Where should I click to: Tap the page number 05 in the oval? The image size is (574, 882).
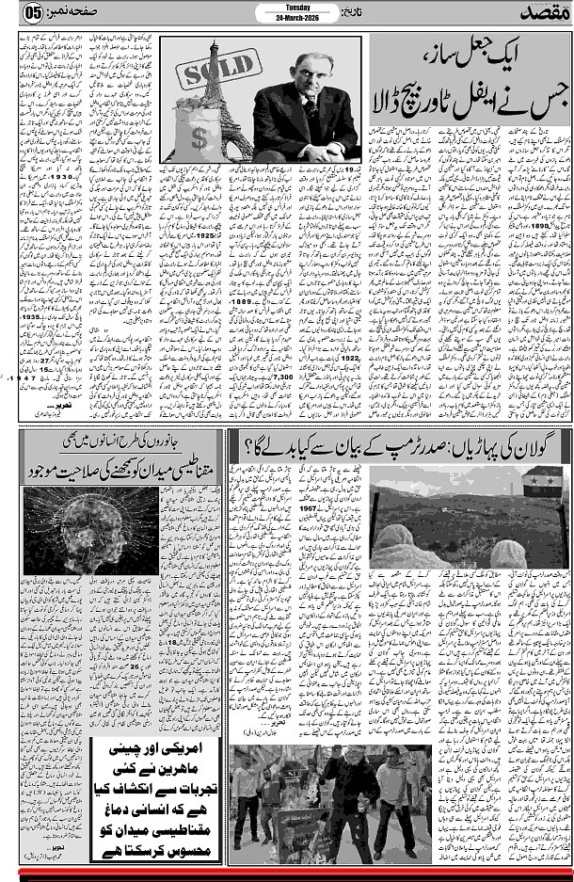click(32, 12)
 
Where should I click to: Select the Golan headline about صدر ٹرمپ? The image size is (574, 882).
click(395, 441)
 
